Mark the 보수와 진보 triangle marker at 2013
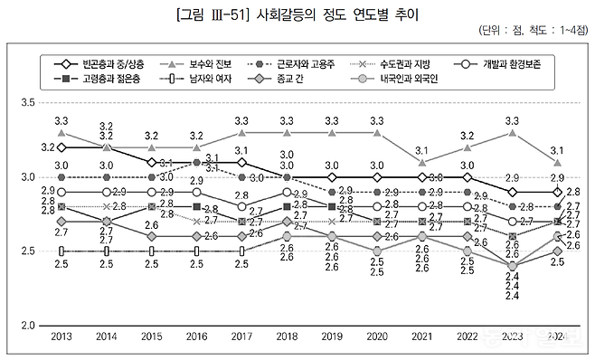[61, 133]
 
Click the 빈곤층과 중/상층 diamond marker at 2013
[61, 147]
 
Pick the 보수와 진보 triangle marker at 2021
[422, 162]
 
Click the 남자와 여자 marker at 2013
[61, 251]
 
